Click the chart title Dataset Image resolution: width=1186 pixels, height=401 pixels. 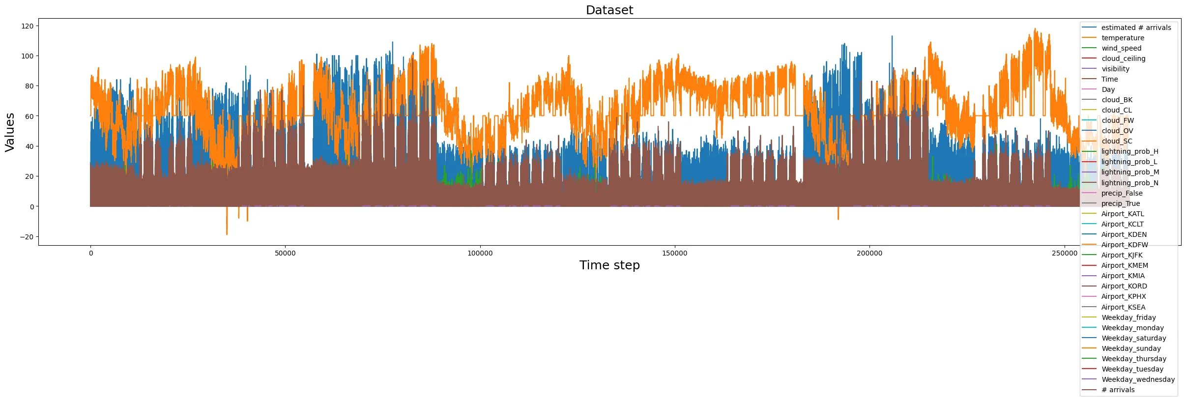pos(609,10)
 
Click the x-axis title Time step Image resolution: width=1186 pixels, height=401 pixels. pos(609,265)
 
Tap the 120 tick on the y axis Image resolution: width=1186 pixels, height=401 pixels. pos(28,26)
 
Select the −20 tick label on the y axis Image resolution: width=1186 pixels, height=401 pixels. pos(27,237)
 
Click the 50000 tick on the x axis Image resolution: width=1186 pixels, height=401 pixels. pos(285,254)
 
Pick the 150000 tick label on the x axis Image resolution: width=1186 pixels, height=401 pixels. pos(674,254)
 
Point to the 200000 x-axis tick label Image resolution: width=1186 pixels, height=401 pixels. pos(869,254)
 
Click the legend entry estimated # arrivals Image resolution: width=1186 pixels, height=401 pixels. pos(1136,28)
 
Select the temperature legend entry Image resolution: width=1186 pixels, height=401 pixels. pos(1123,38)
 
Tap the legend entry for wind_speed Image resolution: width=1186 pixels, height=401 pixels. pos(1121,48)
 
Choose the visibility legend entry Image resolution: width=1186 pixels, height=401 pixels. pos(1115,69)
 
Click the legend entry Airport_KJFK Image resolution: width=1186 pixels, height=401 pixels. pos(1122,255)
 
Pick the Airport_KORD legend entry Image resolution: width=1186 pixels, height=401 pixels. pos(1124,286)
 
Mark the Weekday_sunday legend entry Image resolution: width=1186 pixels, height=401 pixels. pos(1131,348)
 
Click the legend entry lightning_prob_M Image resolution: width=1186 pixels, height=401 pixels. pos(1130,172)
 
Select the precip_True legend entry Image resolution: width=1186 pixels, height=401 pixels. pos(1121,203)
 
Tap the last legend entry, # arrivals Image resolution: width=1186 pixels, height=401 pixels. pos(1118,390)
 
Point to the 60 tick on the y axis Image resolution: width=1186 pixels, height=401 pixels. pos(29,116)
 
